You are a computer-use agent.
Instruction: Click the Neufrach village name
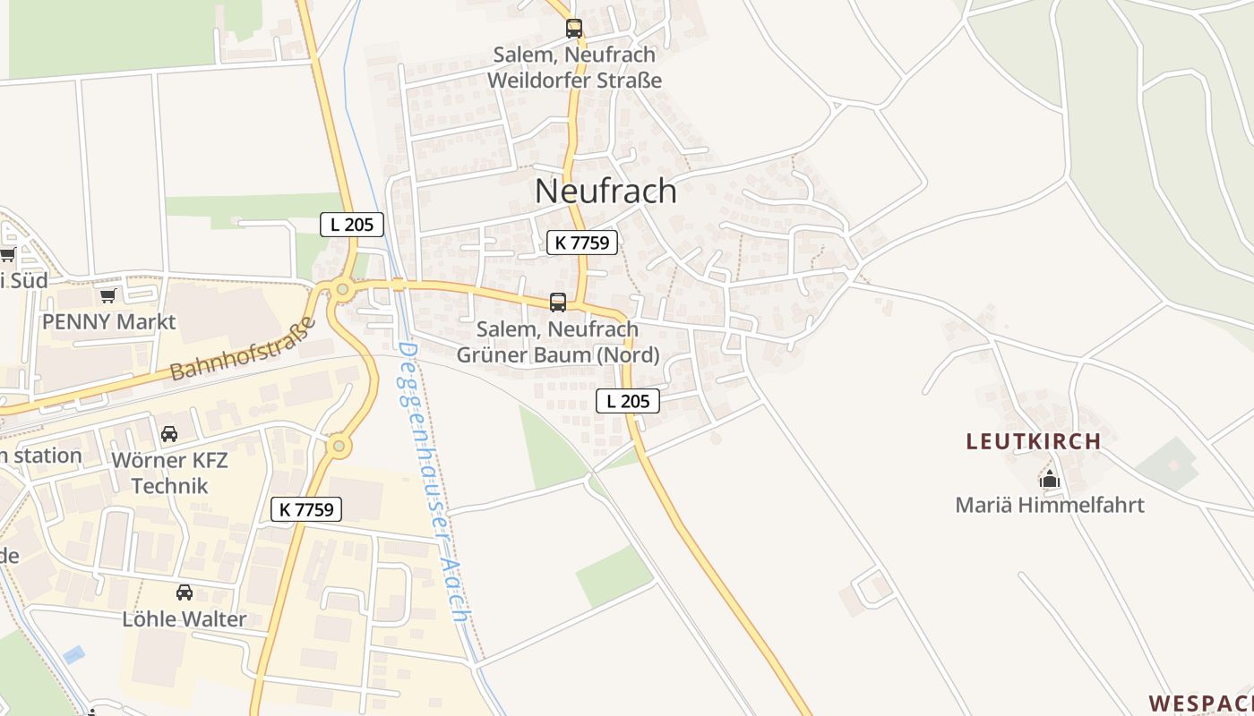606,191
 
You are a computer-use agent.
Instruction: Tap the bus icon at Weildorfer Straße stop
574,29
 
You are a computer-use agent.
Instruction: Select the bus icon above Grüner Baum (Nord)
558,303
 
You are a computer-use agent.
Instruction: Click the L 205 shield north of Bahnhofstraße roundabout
352,225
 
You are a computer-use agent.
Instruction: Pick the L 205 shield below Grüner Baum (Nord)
628,401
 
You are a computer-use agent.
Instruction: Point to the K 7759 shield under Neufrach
582,242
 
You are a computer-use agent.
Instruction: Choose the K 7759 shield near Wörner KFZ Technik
306,509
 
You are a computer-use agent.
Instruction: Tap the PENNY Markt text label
109,321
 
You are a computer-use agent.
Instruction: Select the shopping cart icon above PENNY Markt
108,295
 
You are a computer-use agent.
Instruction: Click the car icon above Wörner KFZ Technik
169,435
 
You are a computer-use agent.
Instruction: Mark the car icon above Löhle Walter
185,592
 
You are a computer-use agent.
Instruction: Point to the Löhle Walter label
185,618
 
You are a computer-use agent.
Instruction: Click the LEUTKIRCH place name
1034,441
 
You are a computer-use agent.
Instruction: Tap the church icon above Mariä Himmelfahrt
1050,479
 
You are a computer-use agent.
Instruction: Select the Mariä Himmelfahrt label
1050,505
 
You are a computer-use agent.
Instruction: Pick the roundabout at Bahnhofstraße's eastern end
341,289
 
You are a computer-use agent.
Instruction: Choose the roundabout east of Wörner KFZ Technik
339,445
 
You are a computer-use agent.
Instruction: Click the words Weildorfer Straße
575,80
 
